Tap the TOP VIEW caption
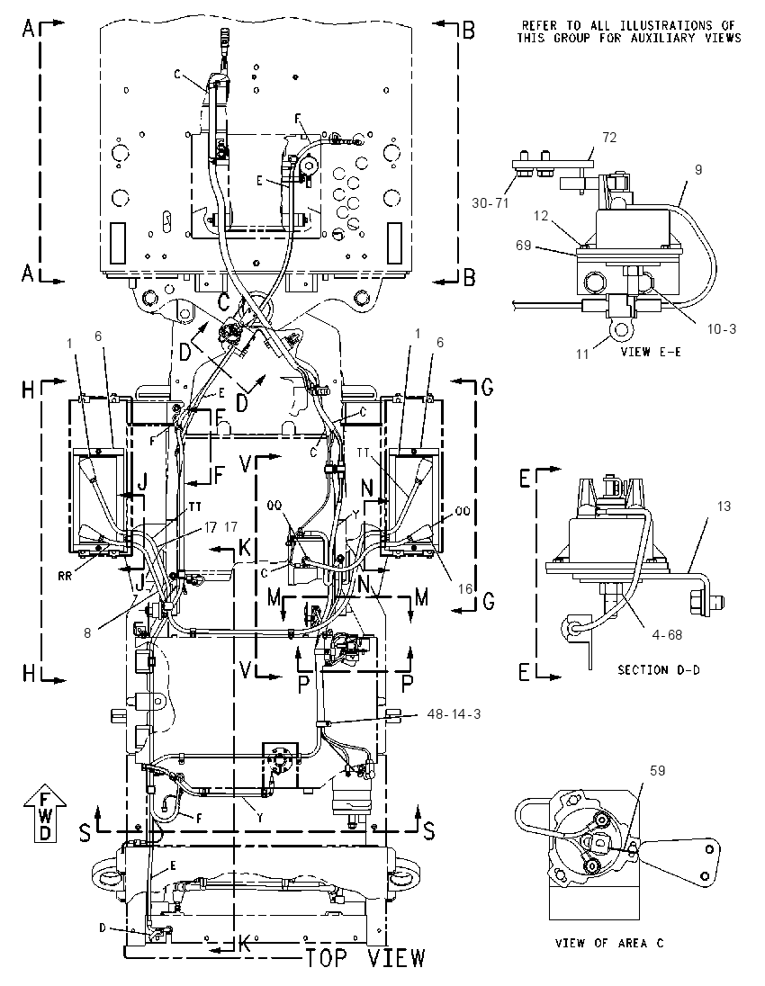364,958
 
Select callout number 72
609,137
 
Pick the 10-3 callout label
720,328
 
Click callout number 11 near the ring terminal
582,354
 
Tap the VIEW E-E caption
651,351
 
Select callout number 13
724,506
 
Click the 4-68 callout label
668,634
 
